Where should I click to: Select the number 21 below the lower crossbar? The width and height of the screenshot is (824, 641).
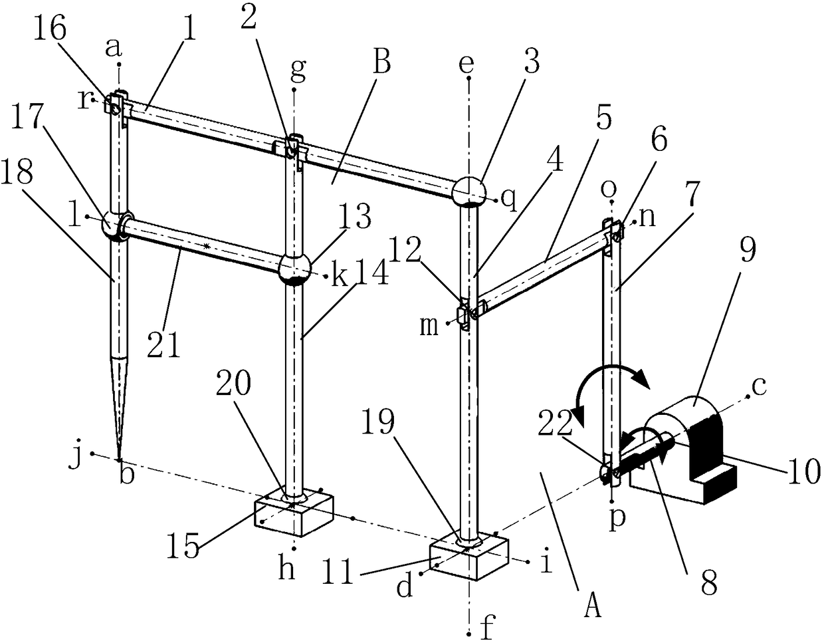click(x=163, y=344)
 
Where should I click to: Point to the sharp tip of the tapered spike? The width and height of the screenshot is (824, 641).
click(x=120, y=459)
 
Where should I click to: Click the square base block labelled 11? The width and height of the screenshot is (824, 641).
click(x=469, y=559)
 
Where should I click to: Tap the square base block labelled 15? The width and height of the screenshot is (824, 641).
click(x=293, y=514)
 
